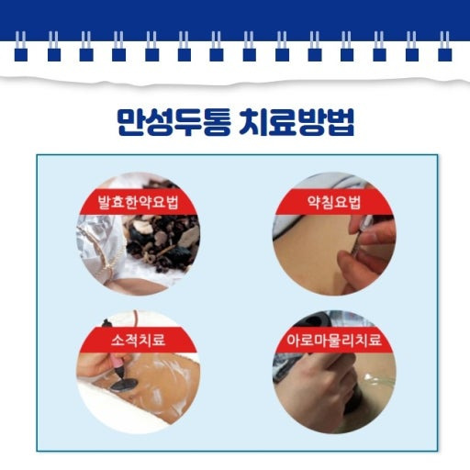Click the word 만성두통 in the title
[173, 121]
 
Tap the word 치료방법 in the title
[297, 121]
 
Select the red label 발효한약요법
[138, 202]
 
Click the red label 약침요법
[334, 202]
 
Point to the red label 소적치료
[138, 340]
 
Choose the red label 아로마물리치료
[334, 340]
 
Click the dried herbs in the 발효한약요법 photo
[163, 241]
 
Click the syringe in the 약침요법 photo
[361, 237]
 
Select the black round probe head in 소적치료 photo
[124, 385]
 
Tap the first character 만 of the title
[131, 121]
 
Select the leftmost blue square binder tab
[21, 55]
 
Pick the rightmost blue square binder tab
[445, 55]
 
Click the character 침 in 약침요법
[327, 202]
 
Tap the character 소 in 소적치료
[117, 340]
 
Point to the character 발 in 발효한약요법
[104, 202]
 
